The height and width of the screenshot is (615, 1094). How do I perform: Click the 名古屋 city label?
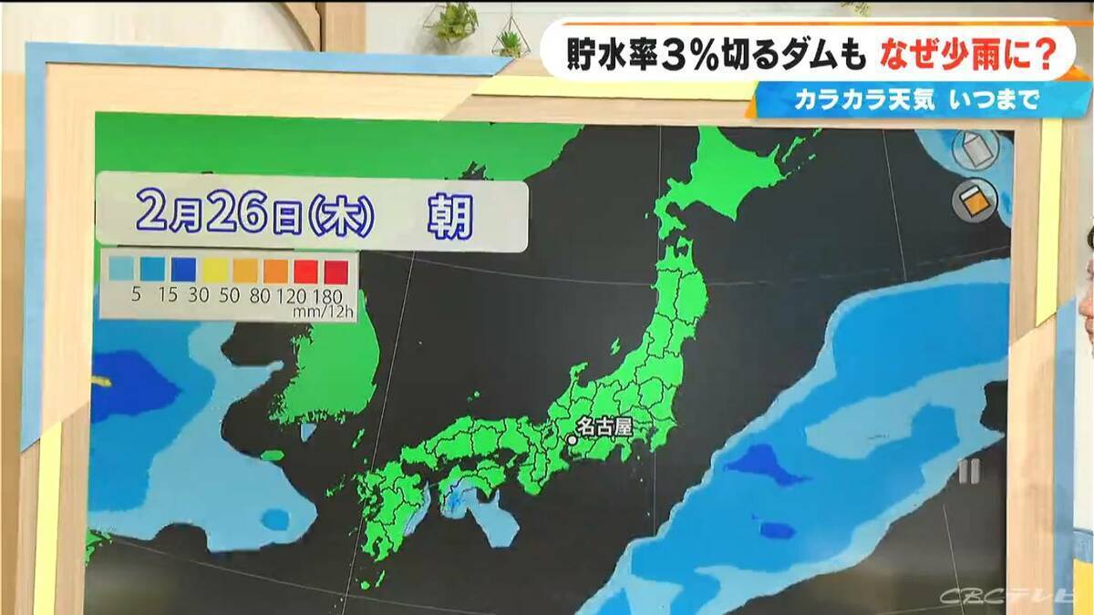(605, 425)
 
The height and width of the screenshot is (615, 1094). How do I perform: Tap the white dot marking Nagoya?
(573, 439)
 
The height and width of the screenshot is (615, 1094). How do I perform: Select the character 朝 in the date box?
(449, 217)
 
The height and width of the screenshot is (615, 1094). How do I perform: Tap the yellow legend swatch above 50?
(213, 271)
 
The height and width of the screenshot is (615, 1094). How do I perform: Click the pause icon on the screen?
(969, 471)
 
